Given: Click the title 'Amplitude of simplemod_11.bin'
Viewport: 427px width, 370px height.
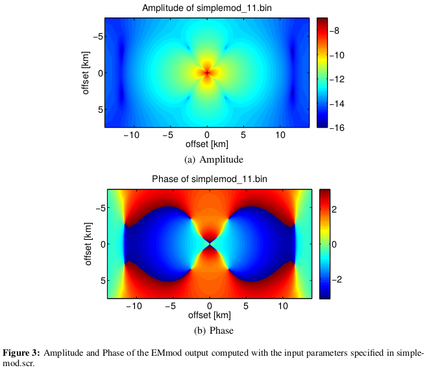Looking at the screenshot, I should pyautogui.click(x=207, y=8).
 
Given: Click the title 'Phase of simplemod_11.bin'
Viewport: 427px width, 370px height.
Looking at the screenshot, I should pyautogui.click(x=209, y=179).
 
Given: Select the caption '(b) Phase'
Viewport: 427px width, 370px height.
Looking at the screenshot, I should pyautogui.click(x=209, y=330).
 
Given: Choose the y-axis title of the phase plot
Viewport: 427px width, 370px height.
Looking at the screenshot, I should pyautogui.click(x=87, y=244).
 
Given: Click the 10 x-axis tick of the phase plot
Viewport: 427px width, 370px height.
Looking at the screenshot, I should pyautogui.click(x=283, y=305).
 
